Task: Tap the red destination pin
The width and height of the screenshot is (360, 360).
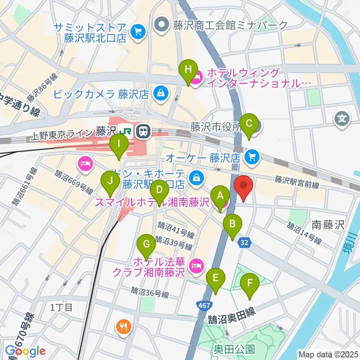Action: point(243,186)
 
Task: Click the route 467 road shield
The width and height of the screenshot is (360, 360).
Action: point(204,306)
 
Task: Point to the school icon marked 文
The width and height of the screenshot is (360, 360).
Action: point(342,120)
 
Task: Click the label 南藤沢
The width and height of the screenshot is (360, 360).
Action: point(328,225)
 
